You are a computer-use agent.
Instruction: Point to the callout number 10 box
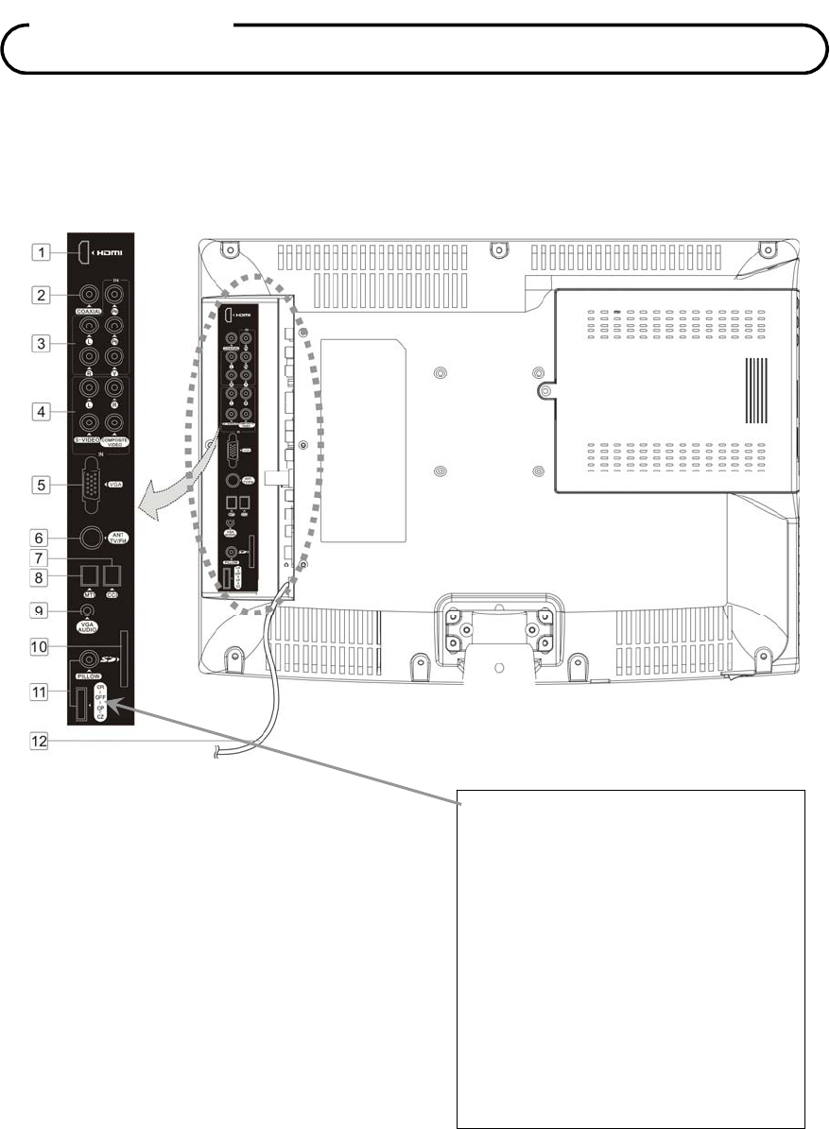coord(43,646)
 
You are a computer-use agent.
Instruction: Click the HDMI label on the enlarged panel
coord(110,253)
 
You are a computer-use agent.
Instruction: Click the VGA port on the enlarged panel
coord(91,484)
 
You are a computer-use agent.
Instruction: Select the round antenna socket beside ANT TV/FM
coord(91,538)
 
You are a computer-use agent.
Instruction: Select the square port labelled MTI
coord(88,574)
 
